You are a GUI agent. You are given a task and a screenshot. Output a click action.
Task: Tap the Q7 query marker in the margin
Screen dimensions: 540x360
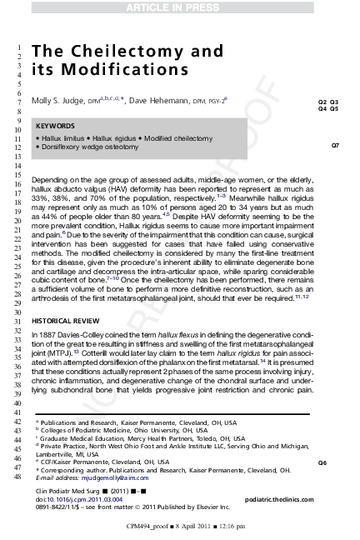[335, 146]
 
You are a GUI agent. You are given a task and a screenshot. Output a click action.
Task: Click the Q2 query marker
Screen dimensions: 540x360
[322, 100]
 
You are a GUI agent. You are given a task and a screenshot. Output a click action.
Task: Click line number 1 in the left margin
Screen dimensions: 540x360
[15, 45]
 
